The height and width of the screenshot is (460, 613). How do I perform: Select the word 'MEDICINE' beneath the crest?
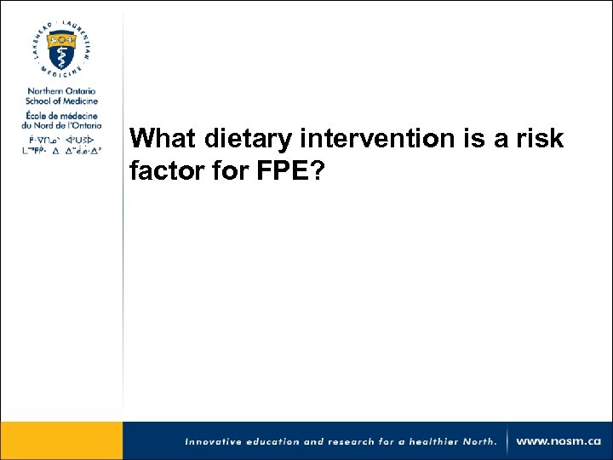click(x=61, y=78)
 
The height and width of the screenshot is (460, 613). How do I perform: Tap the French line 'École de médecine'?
click(x=61, y=116)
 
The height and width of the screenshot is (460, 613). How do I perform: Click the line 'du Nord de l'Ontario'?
click(x=61, y=126)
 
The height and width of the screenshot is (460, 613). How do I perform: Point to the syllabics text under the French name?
click(x=61, y=144)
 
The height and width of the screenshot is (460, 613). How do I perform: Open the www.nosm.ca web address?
click(x=558, y=441)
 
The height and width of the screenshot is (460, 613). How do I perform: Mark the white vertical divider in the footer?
click(x=508, y=441)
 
